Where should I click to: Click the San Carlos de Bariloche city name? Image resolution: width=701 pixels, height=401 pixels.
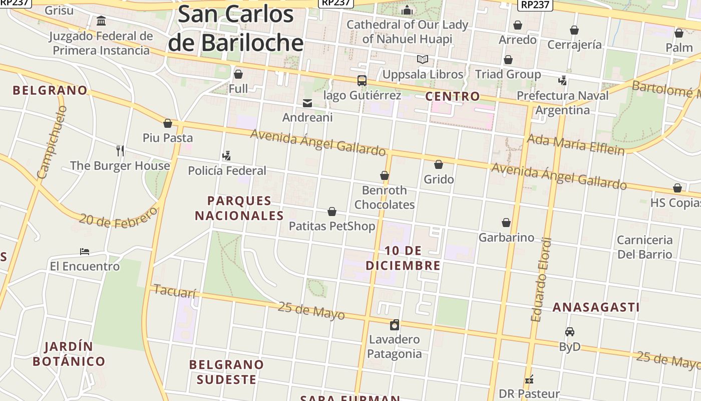(x=235, y=28)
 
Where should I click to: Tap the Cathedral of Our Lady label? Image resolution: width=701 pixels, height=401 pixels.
(x=407, y=31)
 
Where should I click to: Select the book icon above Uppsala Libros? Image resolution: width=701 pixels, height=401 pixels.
(x=423, y=60)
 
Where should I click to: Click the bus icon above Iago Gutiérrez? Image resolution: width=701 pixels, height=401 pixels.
(x=362, y=80)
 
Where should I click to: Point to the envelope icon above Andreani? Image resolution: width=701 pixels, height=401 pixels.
(x=307, y=103)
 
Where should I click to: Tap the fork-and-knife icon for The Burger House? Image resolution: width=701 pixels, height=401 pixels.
(x=120, y=150)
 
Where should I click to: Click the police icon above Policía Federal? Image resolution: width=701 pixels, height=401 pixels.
(x=227, y=156)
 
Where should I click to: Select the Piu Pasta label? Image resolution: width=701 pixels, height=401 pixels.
(x=168, y=138)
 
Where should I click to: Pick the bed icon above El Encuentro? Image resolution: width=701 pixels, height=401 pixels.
(x=85, y=251)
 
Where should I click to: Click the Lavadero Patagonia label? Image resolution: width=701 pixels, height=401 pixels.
(x=395, y=346)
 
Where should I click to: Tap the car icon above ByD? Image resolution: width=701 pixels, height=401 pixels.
(x=570, y=332)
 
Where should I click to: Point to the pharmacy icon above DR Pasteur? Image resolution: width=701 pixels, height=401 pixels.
(x=529, y=379)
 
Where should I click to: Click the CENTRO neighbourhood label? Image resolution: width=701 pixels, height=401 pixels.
(x=452, y=96)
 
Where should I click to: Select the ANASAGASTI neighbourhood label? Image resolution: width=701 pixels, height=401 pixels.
(x=596, y=307)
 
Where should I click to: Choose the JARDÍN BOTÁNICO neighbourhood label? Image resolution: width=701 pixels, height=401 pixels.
(x=69, y=354)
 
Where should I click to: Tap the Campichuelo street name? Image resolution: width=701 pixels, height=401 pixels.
(x=52, y=142)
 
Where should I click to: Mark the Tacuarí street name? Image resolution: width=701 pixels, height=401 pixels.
(x=175, y=291)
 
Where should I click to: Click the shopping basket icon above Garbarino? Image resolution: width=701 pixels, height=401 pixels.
(x=506, y=223)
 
